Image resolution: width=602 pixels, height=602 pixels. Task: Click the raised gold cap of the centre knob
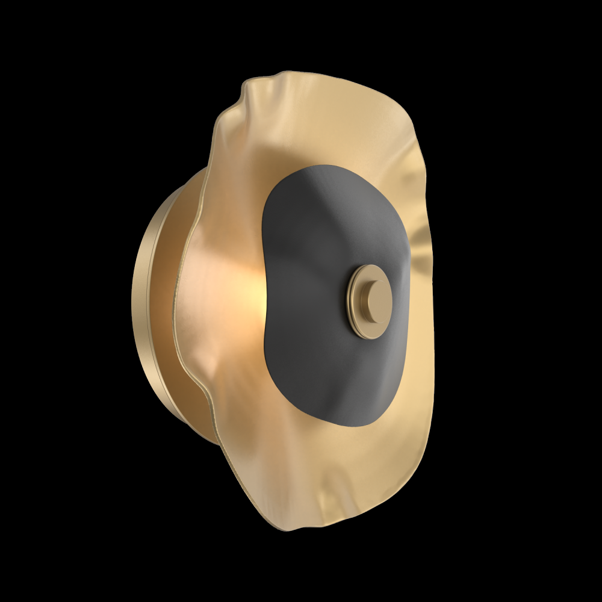[x=374, y=299]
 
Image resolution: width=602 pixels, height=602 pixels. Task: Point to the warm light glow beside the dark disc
[x=253, y=295]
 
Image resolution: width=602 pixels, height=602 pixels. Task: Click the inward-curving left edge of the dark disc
[x=264, y=301]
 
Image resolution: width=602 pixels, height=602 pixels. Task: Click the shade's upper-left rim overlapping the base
[x=208, y=175]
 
